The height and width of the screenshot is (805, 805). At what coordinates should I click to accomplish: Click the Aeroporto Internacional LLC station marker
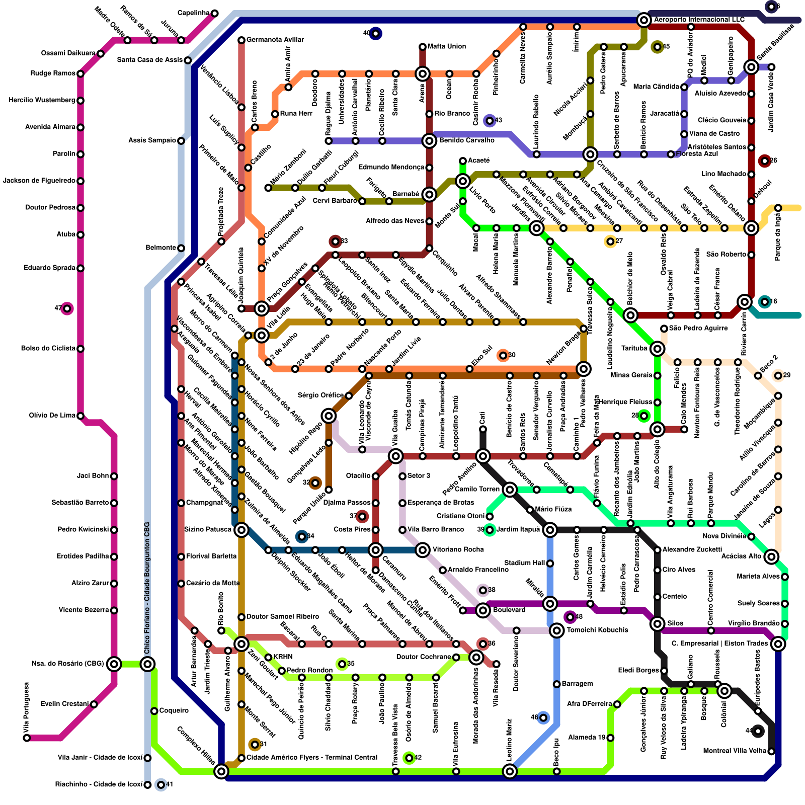click(x=643, y=20)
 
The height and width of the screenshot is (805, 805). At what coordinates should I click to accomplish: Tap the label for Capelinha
click(x=194, y=13)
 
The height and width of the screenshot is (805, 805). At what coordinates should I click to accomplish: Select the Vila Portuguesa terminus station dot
click(x=27, y=738)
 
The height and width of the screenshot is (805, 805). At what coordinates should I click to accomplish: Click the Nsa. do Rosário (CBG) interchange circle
click(x=114, y=664)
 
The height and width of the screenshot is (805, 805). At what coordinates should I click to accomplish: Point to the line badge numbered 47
click(x=67, y=308)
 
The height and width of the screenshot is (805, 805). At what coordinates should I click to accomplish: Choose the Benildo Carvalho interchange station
click(x=429, y=141)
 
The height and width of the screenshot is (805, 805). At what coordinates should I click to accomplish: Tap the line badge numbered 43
click(x=489, y=121)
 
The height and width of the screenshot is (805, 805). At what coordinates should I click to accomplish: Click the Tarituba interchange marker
click(x=657, y=349)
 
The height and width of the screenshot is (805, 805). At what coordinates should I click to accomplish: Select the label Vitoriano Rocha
click(x=458, y=549)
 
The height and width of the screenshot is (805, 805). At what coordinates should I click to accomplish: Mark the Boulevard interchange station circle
click(x=483, y=610)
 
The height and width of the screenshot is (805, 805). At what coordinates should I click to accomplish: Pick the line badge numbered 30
click(x=503, y=356)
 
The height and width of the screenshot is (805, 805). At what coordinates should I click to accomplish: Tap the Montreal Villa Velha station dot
click(x=771, y=751)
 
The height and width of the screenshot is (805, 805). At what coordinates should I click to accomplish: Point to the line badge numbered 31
click(x=255, y=745)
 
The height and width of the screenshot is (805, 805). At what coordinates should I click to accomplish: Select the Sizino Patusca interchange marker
click(x=242, y=530)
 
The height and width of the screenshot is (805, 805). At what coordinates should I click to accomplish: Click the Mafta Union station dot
click(x=423, y=47)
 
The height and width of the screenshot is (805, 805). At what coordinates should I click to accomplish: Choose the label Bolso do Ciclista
click(x=48, y=348)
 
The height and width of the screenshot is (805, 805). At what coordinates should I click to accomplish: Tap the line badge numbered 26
click(x=765, y=161)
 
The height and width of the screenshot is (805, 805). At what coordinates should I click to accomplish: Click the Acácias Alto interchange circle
click(x=771, y=556)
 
